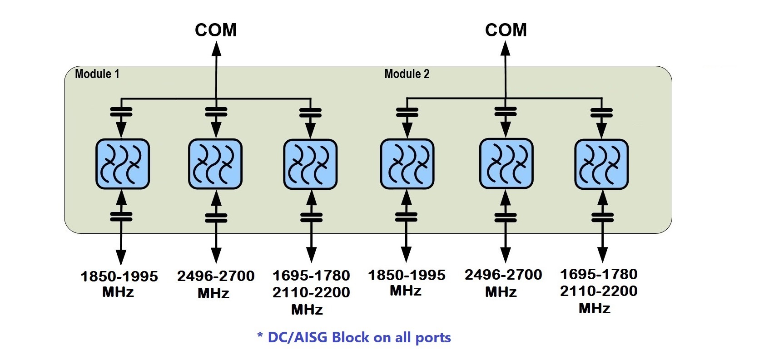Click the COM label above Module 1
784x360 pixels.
pyautogui.click(x=216, y=30)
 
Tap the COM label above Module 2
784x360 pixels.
pyautogui.click(x=506, y=30)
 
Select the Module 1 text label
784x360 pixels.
pyautogui.click(x=97, y=74)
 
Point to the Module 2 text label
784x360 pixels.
pyautogui.click(x=407, y=74)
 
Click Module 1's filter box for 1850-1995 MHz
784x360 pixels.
pyautogui.click(x=122, y=164)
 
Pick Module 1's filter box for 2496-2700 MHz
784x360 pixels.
pyautogui.click(x=215, y=164)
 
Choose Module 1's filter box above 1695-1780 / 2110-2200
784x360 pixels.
pyautogui.click(x=310, y=164)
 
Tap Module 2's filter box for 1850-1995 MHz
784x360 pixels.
pyautogui.click(x=407, y=164)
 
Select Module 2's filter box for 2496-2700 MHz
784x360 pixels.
pyautogui.click(x=506, y=164)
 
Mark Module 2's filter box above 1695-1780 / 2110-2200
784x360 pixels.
pyautogui.click(x=601, y=164)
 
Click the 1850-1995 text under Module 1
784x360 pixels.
pyautogui.click(x=119, y=276)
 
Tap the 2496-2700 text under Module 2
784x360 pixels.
pyautogui.click(x=503, y=275)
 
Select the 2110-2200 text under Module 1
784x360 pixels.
pyautogui.click(x=311, y=292)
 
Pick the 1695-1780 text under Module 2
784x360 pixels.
pyautogui.click(x=599, y=274)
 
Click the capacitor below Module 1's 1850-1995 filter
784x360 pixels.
pyautogui.click(x=121, y=217)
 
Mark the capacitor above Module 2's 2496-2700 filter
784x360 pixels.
pyautogui.click(x=506, y=111)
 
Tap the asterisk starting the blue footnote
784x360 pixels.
pyautogui.click(x=260, y=336)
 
